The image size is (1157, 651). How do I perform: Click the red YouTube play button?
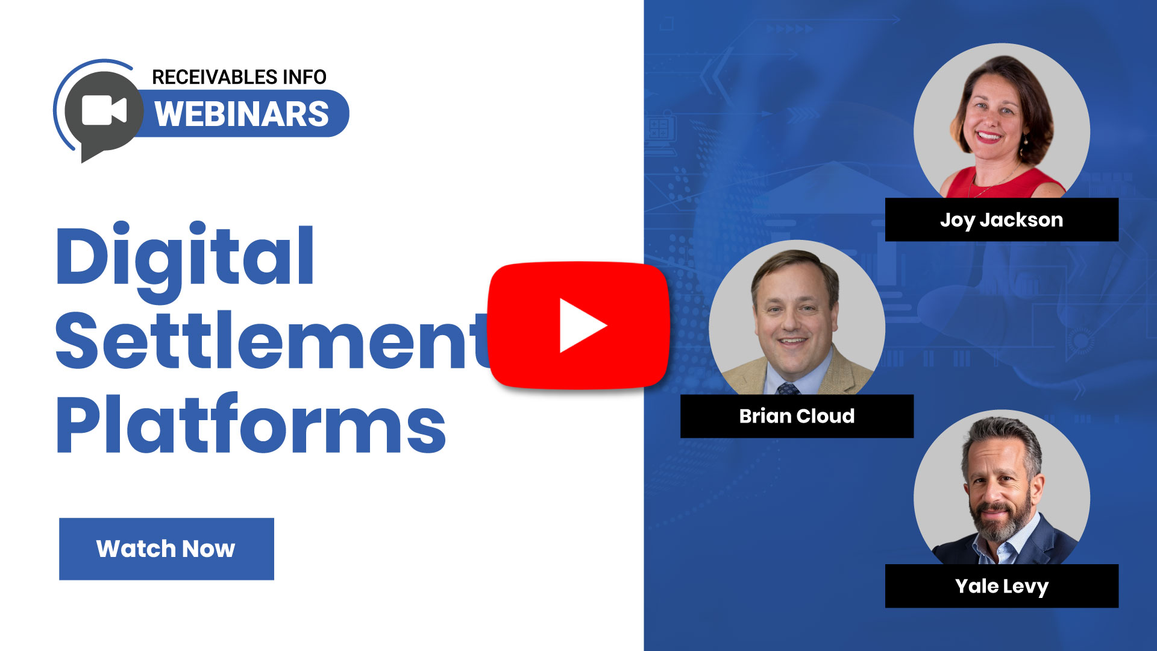[x=578, y=325]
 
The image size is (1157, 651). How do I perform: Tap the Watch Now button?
[x=166, y=549]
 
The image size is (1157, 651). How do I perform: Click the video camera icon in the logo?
[x=104, y=110]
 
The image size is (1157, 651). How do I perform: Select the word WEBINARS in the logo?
[x=242, y=114]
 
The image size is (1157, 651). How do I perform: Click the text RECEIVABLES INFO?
[x=239, y=77]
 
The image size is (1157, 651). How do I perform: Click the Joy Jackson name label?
[x=1002, y=220]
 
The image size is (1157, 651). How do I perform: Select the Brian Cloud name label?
[x=797, y=416]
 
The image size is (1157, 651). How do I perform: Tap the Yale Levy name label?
[x=1002, y=586]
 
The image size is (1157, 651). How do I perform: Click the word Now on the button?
[x=209, y=549]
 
